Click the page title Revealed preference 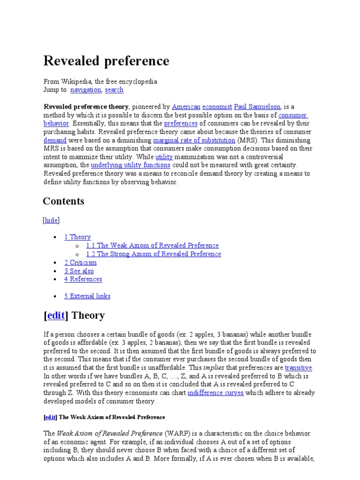tap(106, 61)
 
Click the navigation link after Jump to tap(86, 90)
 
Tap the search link tap(114, 90)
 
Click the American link tap(186, 106)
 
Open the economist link tap(217, 106)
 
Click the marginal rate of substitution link tap(194, 140)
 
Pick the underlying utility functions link tap(130, 165)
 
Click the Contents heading tap(64, 201)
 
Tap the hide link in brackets tap(52, 220)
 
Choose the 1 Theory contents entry tap(77, 237)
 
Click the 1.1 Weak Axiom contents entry tap(152, 246)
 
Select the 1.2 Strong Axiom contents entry tap(154, 254)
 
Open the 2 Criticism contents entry tap(80, 262)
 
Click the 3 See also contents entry tap(79, 271)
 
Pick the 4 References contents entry tap(83, 279)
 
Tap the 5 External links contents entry tap(87, 296)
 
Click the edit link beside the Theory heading tap(56, 315)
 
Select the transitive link tap(298, 368)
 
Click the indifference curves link tap(215, 393)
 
